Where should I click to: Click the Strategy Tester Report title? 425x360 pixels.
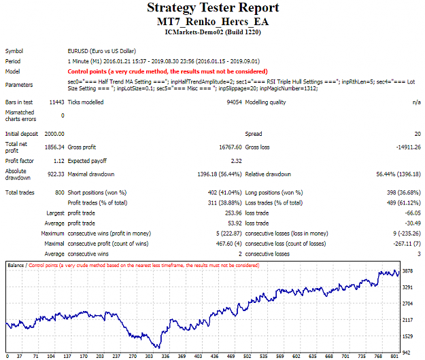click(x=213, y=7)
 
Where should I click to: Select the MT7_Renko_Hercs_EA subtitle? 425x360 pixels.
click(x=213, y=22)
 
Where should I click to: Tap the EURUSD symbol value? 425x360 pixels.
click(x=101, y=51)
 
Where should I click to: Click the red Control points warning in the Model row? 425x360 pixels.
click(x=167, y=71)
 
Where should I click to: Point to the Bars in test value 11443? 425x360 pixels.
click(x=56, y=103)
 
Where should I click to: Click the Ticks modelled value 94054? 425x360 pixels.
click(x=234, y=103)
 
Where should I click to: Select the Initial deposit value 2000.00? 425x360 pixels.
click(x=54, y=134)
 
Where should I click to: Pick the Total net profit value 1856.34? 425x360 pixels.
click(x=54, y=147)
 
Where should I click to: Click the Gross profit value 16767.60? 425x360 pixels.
click(x=231, y=147)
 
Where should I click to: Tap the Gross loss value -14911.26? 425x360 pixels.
click(x=409, y=147)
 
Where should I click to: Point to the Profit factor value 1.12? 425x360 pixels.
click(x=58, y=161)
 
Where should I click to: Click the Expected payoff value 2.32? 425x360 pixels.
click(x=237, y=161)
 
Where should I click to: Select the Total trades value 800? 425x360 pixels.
click(x=60, y=193)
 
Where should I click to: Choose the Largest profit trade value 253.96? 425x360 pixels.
click(x=233, y=213)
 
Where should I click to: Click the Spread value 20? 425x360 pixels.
click(x=418, y=134)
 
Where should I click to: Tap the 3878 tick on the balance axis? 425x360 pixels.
click(x=407, y=271)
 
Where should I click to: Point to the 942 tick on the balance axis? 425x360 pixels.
click(x=407, y=353)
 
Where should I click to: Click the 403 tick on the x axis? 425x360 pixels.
click(x=198, y=356)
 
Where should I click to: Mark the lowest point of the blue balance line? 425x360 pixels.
click(x=159, y=348)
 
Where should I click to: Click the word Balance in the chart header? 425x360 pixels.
click(x=16, y=266)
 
